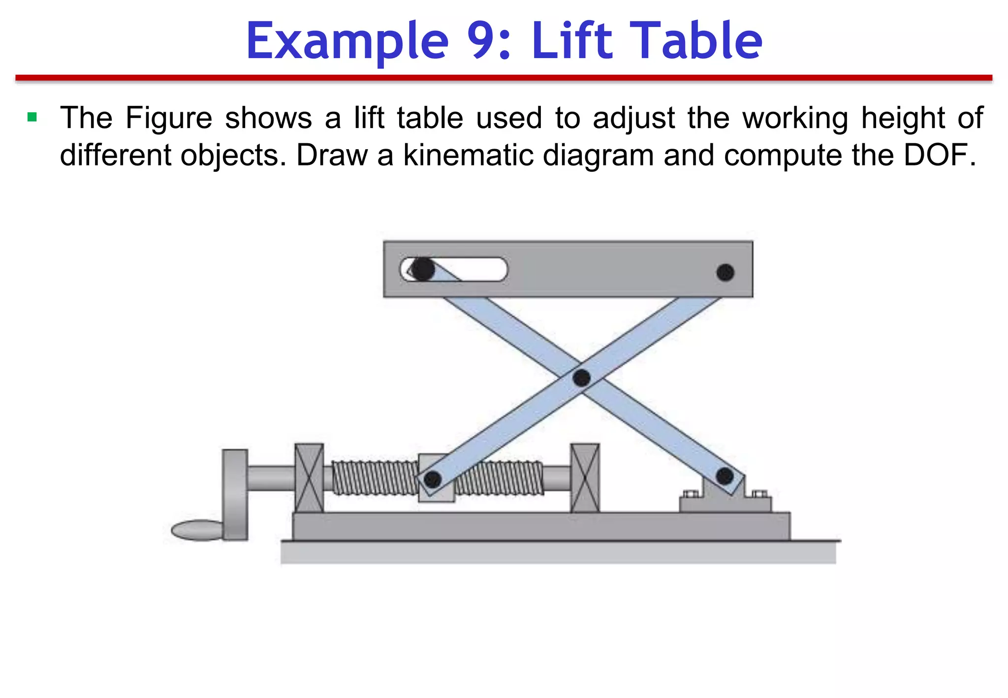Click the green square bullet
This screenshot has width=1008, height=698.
pyautogui.click(x=32, y=117)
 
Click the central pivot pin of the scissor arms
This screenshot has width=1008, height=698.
pyautogui.click(x=581, y=378)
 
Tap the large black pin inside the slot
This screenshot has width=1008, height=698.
pyautogui.click(x=422, y=269)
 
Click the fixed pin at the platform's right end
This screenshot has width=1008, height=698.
pyautogui.click(x=725, y=272)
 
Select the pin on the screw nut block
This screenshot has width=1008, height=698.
pyautogui.click(x=432, y=479)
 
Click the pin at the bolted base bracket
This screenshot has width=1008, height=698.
pyautogui.click(x=724, y=476)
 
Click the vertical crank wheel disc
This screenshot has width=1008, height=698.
pyautogui.click(x=235, y=495)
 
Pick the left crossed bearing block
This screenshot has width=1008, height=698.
pyautogui.click(x=309, y=478)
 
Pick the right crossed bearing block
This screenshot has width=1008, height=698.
pyautogui.click(x=585, y=478)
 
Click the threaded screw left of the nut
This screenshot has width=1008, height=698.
pyautogui.click(x=374, y=478)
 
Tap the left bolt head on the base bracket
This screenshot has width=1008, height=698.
pyautogui.click(x=691, y=494)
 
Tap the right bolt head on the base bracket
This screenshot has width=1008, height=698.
pyautogui.click(x=759, y=494)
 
